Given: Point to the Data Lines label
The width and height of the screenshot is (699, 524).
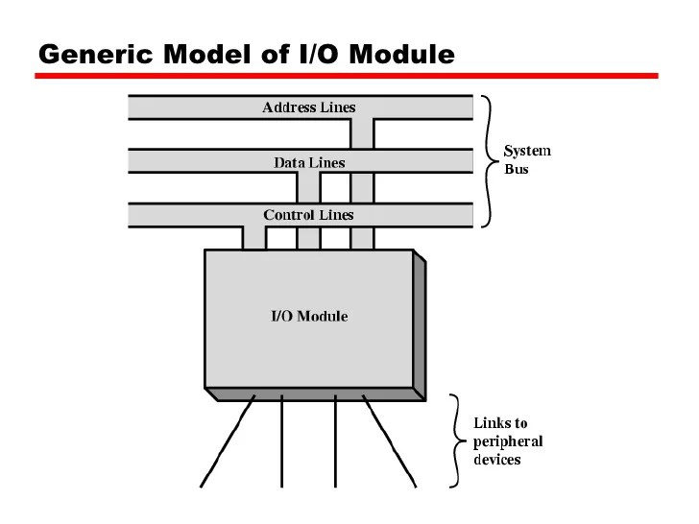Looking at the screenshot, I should point(308,162).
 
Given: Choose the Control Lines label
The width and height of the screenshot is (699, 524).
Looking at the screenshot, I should point(308,215).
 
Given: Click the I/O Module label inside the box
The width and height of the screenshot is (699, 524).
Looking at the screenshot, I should point(307,316).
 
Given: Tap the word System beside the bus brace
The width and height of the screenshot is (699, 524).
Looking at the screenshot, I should point(528,151).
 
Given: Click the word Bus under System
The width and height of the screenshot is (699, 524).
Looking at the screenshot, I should point(517,170).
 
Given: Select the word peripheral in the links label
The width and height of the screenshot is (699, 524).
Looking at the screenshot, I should point(508,441).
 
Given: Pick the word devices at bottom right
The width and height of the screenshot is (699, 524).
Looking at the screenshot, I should point(497,460).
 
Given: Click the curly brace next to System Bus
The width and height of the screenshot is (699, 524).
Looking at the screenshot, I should point(491,160).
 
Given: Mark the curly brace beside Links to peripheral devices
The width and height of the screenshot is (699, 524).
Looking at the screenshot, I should point(457,441).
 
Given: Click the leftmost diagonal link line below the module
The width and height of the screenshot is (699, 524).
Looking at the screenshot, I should point(228,444).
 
